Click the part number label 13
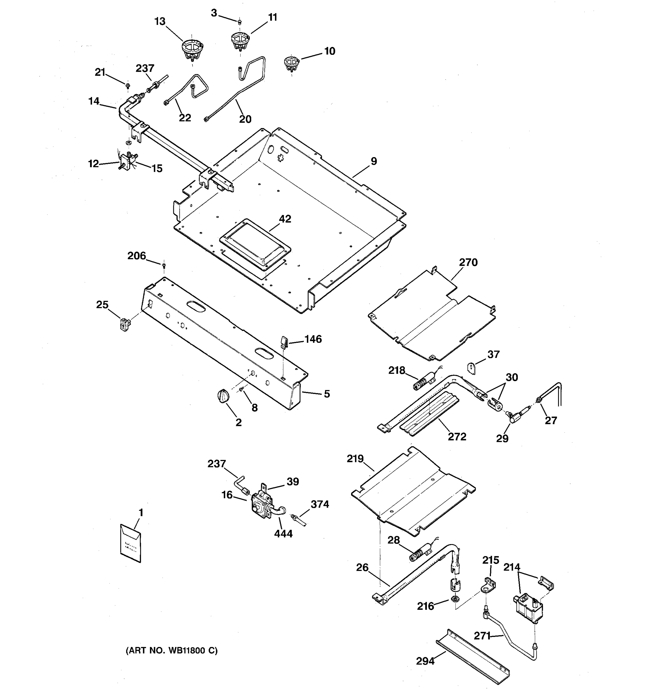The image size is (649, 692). (160, 22)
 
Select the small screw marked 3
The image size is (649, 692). (239, 22)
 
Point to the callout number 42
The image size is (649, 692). (285, 219)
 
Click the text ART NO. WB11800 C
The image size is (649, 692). (171, 650)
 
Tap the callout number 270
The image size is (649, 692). (468, 262)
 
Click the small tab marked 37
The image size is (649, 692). (471, 368)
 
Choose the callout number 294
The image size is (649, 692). (425, 661)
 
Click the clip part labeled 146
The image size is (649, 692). (284, 341)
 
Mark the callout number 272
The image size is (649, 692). (457, 437)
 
